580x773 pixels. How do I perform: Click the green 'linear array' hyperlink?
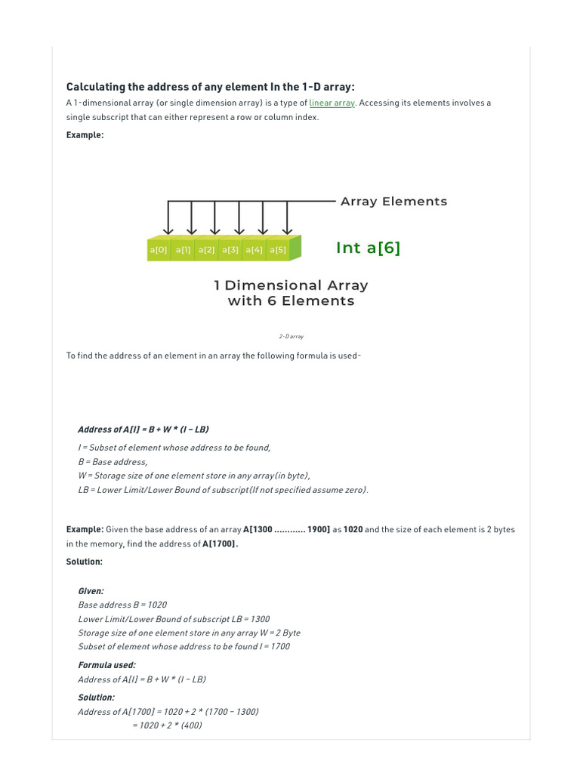(332, 103)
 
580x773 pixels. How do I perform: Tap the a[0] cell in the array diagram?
(159, 250)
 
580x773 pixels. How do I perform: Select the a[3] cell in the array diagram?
(230, 250)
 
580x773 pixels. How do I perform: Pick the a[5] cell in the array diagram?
(278, 250)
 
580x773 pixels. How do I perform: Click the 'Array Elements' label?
(393, 202)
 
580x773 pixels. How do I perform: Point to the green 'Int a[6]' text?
(368, 248)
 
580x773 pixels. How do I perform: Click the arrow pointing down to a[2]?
(215, 218)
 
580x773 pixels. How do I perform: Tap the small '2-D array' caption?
(291, 337)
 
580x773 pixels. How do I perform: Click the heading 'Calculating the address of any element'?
(210, 87)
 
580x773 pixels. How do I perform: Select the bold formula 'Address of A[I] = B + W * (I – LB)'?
(143, 430)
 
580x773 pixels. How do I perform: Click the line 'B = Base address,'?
(113, 461)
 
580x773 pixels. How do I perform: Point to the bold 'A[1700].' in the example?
(221, 544)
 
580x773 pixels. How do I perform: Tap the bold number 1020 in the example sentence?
(353, 530)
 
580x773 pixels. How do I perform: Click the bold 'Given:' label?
(91, 591)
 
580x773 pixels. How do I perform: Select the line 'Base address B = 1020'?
(122, 605)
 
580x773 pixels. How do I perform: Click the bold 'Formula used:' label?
(107, 665)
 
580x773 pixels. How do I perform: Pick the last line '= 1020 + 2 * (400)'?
(167, 725)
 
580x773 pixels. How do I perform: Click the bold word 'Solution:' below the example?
(85, 562)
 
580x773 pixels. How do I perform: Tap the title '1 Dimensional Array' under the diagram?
(291, 285)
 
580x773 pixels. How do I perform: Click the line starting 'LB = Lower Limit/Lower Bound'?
(224, 490)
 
